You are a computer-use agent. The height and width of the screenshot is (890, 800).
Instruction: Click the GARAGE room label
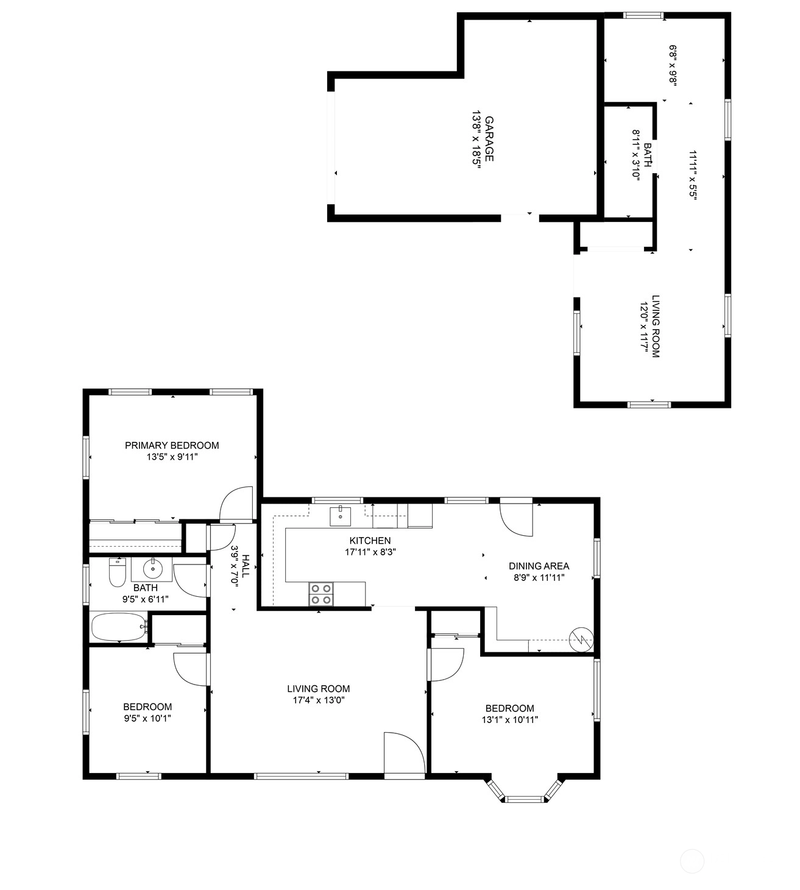[489, 139]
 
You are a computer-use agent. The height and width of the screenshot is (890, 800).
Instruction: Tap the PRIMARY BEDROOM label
[172, 446]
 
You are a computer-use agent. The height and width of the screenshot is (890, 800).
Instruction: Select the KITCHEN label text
[370, 540]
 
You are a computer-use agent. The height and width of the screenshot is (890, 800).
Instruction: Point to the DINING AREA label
[539, 566]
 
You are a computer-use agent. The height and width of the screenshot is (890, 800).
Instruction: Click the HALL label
[245, 566]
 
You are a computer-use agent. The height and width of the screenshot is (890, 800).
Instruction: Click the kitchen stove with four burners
[322, 594]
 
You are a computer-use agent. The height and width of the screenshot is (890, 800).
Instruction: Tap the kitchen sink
[340, 515]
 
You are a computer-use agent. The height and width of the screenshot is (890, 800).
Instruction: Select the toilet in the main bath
[118, 572]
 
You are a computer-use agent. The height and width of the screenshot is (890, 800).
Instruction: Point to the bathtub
[119, 627]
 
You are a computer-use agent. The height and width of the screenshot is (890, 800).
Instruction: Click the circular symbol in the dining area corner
[581, 639]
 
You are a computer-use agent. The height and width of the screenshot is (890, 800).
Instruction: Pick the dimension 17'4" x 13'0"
[319, 700]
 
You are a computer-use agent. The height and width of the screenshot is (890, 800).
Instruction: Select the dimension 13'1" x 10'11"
[509, 720]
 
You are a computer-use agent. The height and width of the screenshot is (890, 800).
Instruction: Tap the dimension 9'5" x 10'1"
[147, 718]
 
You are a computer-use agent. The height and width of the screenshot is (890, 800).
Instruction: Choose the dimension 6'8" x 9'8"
[673, 65]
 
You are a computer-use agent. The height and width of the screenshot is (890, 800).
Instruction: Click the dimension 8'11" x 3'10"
[636, 154]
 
